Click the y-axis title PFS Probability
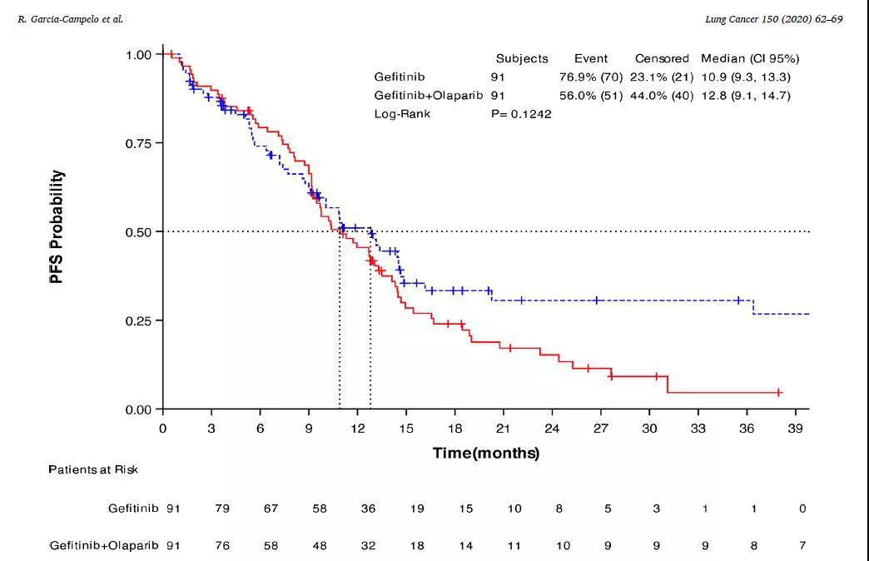coord(57,226)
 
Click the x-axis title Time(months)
coord(485,453)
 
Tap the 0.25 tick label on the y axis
coord(138,320)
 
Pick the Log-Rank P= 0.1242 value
coord(521,113)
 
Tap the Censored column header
coord(662,58)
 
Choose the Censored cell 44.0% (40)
coord(662,95)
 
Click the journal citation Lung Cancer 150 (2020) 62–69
coord(773,18)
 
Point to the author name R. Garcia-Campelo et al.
coord(70,18)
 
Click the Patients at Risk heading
coord(93,469)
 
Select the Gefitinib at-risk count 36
coord(369,508)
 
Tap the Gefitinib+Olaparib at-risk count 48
coord(320,546)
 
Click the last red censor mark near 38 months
coord(779,392)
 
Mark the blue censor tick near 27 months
coord(596,300)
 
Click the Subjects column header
coord(522,58)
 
